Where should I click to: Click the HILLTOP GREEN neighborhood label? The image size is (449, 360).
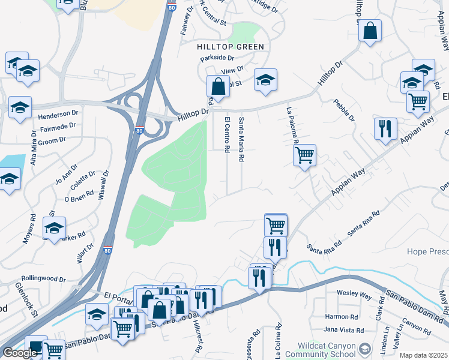pos(231,46)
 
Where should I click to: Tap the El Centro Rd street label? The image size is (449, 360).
pos(227,134)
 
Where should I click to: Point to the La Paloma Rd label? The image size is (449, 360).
pos(293,127)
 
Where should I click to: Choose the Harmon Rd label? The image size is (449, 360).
pos(342,316)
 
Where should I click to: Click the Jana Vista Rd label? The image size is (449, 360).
pos(343,330)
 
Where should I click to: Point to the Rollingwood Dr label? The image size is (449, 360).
pos(43,278)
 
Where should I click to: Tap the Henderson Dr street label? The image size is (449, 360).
pos(58,113)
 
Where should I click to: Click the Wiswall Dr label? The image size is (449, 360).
pos(106,184)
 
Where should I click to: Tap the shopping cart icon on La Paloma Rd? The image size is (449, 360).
pos(304,155)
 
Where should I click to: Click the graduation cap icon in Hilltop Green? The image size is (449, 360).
pos(265,80)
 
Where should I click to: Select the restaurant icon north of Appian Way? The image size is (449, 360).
pos(385,128)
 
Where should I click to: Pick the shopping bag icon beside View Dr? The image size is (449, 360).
pos(218,86)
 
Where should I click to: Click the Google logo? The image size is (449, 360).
pos(20,353)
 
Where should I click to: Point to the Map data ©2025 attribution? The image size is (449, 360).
pos(423,355)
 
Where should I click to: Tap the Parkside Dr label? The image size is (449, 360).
pos(217,58)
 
